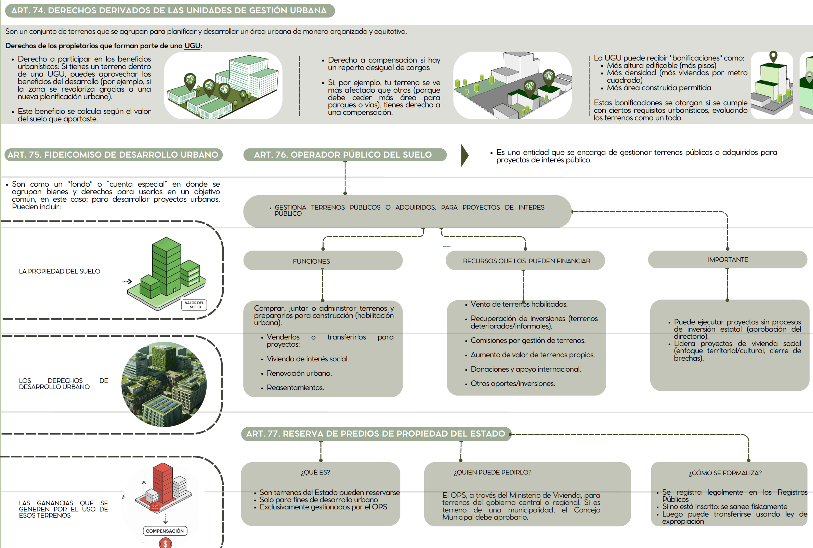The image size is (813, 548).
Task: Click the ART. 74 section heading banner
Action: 169,11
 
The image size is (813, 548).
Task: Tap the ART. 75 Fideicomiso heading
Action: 113,155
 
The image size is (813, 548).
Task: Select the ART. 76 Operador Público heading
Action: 344,155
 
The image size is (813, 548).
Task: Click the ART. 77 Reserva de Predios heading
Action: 376,434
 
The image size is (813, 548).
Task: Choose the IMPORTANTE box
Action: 727,260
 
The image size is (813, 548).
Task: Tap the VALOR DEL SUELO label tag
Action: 194,305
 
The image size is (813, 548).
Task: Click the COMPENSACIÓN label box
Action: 165,531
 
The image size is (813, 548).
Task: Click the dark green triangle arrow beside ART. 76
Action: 465,155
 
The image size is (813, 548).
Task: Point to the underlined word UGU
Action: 192,46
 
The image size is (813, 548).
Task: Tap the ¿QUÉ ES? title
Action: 315,472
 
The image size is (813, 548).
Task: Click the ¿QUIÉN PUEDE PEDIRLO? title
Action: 492,472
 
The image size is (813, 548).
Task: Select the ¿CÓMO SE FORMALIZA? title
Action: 725,473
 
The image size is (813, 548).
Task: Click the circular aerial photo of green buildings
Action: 164,384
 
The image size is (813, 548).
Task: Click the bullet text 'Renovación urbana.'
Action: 299,373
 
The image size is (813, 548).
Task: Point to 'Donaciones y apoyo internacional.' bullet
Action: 526,369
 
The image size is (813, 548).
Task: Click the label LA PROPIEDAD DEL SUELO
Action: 60,271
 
